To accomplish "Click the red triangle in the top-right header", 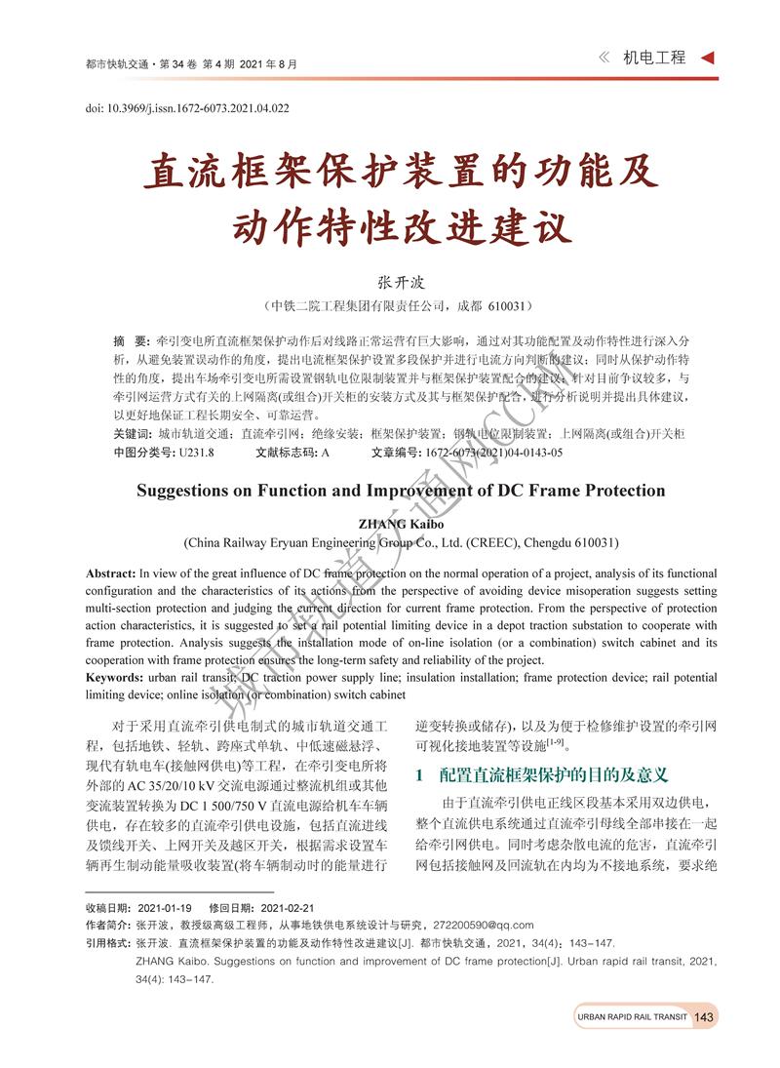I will [x=708, y=58].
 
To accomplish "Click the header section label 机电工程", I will [x=655, y=58].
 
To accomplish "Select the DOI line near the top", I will [x=187, y=108].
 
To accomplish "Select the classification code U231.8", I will [x=195, y=453].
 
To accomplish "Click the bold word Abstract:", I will [x=110, y=573].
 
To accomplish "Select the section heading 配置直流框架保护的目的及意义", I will [x=553, y=775].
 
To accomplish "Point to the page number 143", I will [x=705, y=1017].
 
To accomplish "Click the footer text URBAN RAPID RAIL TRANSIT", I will [x=632, y=1017].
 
